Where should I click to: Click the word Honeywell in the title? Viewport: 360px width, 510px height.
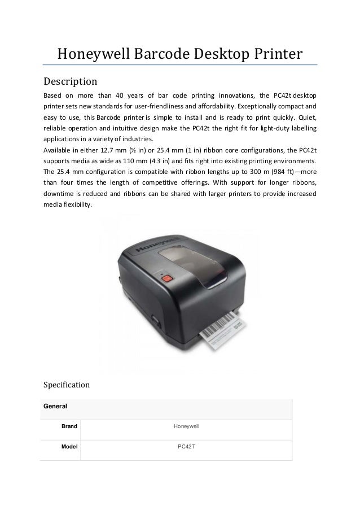tap(94, 54)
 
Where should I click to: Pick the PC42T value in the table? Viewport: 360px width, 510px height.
tap(186, 447)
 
